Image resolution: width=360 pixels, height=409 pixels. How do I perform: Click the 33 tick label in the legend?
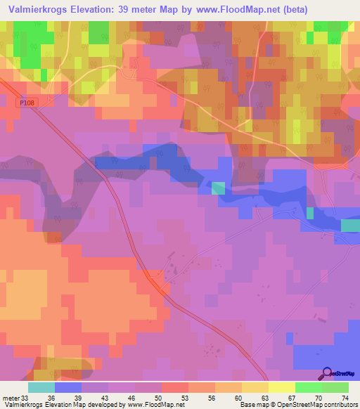coord(26,397)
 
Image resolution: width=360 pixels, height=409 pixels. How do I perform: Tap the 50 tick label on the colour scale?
coord(160,397)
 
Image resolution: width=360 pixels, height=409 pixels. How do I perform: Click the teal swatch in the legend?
coord(41,387)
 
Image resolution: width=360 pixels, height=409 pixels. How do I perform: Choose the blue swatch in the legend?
coord(67,387)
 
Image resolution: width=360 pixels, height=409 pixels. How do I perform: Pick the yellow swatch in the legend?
coord(281,387)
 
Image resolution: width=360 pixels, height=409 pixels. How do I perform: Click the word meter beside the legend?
coord(11,397)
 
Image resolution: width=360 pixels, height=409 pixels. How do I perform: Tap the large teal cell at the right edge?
coord(350,225)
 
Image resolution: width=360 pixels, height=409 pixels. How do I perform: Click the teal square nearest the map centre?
coord(219,188)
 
